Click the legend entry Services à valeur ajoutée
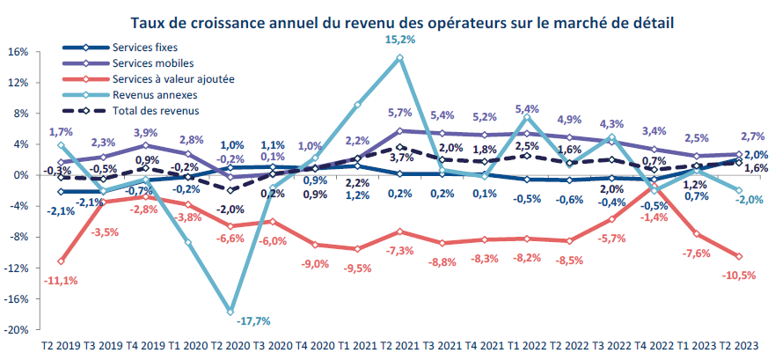tap(173, 79)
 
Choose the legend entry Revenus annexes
tap(155, 95)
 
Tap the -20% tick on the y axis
tap(17, 330)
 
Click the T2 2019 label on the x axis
tap(61, 348)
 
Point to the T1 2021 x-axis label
tap(356, 348)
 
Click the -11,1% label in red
tap(59, 281)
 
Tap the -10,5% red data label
tap(739, 275)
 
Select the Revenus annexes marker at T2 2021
tap(399, 58)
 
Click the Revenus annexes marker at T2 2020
tap(230, 312)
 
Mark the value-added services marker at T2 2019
tap(61, 261)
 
